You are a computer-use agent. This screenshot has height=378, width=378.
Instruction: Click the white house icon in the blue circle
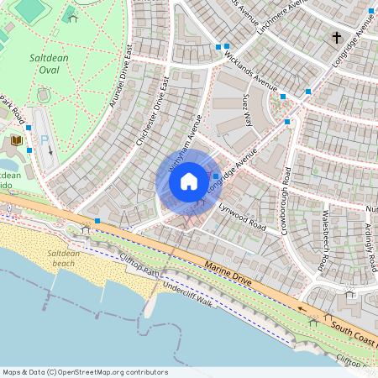189,181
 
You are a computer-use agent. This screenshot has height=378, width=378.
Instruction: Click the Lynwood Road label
242,216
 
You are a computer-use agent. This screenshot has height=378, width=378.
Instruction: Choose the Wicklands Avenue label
250,72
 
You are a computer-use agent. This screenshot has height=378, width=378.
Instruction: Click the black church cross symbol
337,38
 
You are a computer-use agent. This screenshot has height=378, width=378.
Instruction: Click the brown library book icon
16,139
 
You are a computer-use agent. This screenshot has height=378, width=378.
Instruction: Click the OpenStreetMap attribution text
84,372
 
